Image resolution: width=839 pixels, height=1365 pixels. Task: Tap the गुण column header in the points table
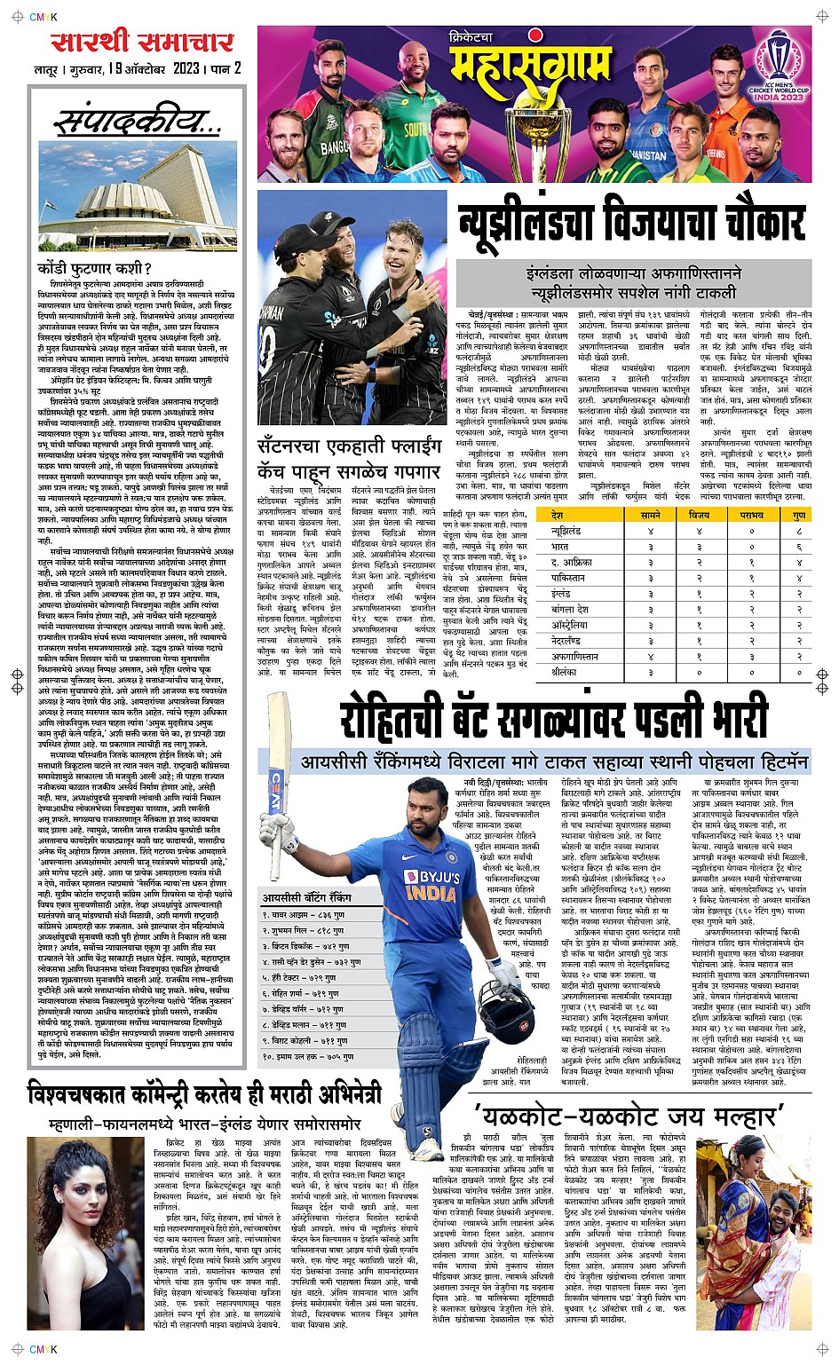[x=799, y=515]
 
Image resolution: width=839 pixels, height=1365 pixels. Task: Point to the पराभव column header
[x=751, y=515]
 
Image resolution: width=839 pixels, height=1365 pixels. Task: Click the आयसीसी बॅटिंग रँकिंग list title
[x=306, y=898]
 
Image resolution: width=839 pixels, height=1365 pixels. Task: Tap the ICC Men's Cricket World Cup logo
[x=778, y=73]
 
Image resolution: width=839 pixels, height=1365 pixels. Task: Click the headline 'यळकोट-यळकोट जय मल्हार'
[x=630, y=1113]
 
